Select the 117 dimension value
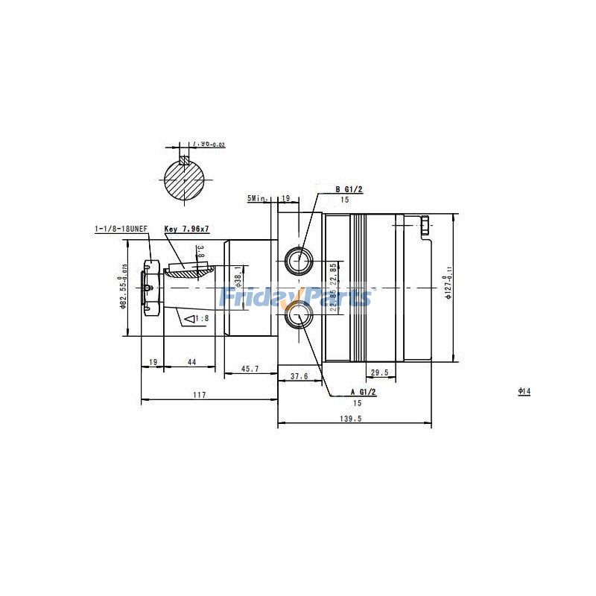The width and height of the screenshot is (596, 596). [x=199, y=395]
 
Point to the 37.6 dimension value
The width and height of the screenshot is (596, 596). [x=299, y=376]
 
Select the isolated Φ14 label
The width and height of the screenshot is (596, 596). [x=524, y=391]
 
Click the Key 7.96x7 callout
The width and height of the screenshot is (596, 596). [x=186, y=230]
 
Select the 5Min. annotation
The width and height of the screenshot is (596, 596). [x=258, y=199]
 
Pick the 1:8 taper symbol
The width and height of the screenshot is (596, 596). [x=196, y=319]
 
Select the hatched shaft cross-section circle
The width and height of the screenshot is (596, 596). [x=186, y=178]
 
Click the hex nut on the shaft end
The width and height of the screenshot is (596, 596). [x=150, y=287]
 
